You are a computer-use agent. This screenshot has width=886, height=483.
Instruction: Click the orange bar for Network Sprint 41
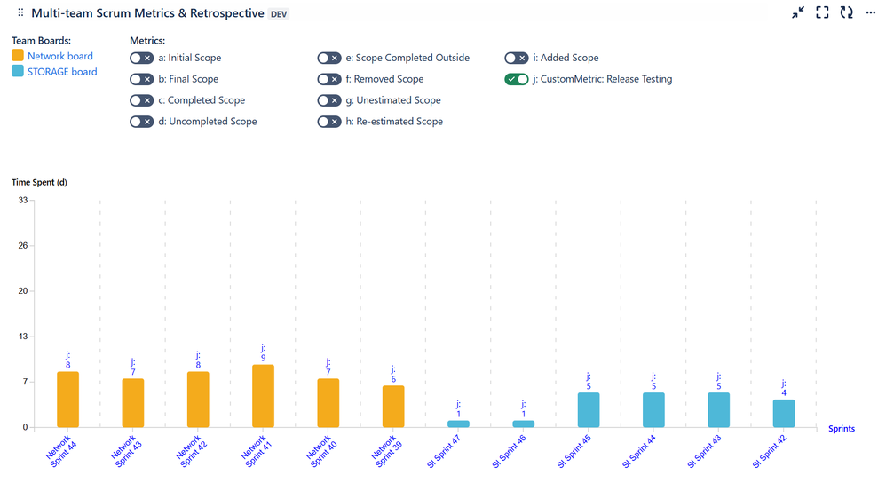coord(263,396)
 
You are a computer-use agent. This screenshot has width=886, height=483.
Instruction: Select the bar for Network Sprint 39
coord(393,406)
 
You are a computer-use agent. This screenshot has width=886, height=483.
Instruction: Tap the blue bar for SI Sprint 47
coord(458,424)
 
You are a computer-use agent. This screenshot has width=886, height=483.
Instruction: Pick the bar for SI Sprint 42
coord(784,413)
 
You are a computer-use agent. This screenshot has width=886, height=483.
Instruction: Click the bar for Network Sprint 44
coord(68,399)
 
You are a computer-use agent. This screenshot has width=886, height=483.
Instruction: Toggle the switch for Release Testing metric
coord(516,79)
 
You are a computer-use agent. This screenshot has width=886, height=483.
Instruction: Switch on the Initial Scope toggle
coord(141,58)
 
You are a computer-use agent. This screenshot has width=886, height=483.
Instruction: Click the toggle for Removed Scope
coord(328,79)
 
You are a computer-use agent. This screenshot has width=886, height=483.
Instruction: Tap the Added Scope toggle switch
coord(516,58)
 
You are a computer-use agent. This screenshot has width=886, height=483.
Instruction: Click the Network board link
coord(60,56)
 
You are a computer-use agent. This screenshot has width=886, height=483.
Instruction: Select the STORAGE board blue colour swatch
coord(18,71)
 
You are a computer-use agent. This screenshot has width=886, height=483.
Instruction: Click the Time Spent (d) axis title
coord(39,182)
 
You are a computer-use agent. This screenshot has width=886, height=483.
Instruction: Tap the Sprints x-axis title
coord(841,428)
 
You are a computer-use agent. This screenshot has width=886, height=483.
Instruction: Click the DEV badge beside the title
coord(279,14)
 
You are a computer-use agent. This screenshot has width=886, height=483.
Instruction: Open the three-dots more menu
coord(870,12)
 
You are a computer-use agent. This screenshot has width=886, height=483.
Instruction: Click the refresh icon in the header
coord(846,12)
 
